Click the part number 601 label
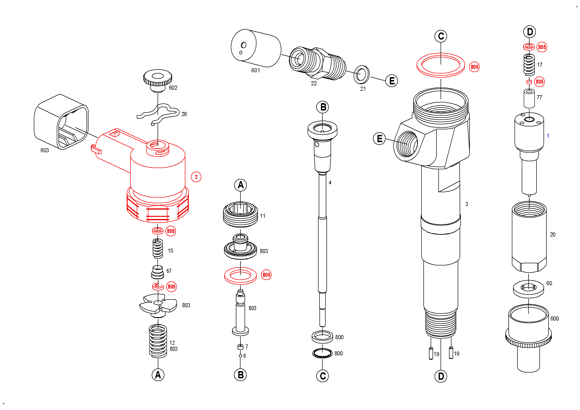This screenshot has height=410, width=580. coord(255,70)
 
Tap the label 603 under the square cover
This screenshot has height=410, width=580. coord(45,151)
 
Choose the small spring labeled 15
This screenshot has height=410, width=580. coord(158,249)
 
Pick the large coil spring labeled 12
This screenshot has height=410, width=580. coord(158,341)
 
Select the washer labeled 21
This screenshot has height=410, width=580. coord(362,74)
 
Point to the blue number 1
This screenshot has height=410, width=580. coord(548,136)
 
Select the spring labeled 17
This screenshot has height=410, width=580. coord(529,65)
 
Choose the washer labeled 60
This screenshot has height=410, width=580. coord(528,289)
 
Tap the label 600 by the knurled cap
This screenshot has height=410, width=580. coord(554,319)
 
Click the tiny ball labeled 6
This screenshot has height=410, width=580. coord(240,356)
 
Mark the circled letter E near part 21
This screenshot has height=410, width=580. coord(391,81)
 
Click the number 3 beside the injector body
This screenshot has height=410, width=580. coord(467,204)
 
